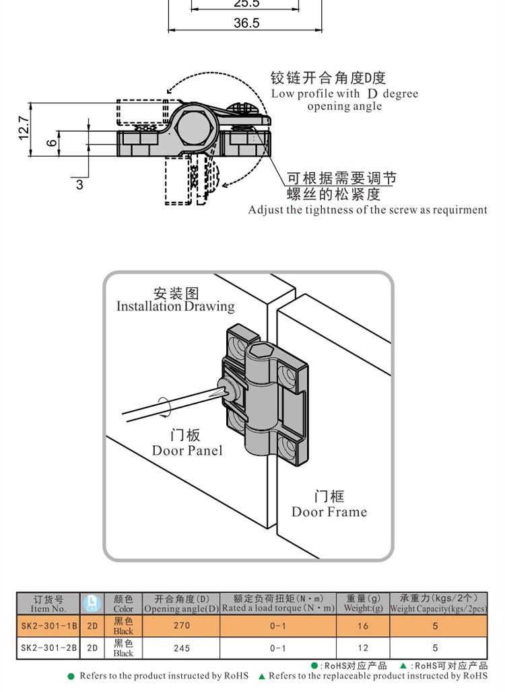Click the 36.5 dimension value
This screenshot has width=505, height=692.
pyautogui.click(x=246, y=23)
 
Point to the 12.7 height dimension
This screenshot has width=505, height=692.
pyautogui.click(x=24, y=128)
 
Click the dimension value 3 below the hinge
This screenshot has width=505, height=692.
pyautogui.click(x=79, y=184)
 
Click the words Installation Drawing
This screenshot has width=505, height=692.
pyautogui.click(x=175, y=307)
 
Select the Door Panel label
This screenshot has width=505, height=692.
pyautogui.click(x=187, y=451)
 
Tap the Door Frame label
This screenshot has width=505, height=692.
pyautogui.click(x=329, y=512)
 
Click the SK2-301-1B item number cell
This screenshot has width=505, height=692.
pyautogui.click(x=48, y=625)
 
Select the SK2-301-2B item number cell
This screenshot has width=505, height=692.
pyautogui.click(x=48, y=648)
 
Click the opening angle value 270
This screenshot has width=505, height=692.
pyautogui.click(x=181, y=625)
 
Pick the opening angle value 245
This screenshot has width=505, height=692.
pyautogui.click(x=181, y=648)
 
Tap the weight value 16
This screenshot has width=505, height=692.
pyautogui.click(x=363, y=625)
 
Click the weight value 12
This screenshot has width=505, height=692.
pyautogui.click(x=363, y=648)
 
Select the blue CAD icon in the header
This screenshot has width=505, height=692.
pyautogui.click(x=91, y=603)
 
